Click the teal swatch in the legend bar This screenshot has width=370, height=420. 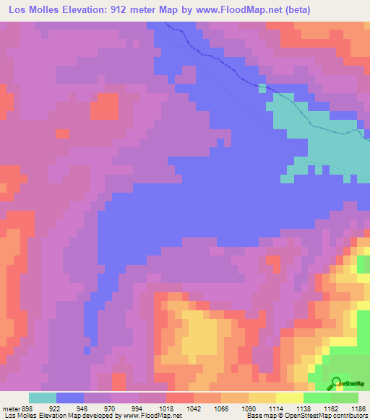(43, 398)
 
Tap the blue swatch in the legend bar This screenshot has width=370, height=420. (70, 398)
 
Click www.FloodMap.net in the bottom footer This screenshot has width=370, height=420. (152, 416)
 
